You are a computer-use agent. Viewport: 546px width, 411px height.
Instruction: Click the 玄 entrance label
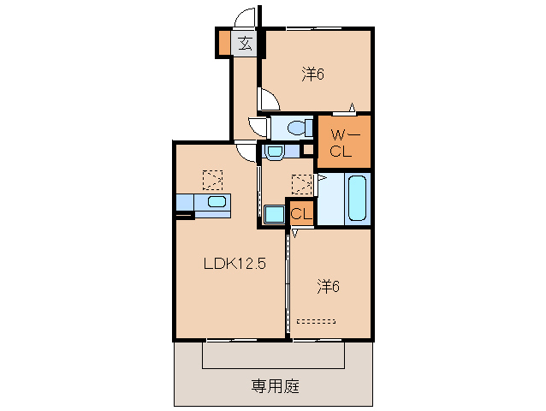point(245,43)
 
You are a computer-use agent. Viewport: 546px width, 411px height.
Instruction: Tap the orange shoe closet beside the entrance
point(223,43)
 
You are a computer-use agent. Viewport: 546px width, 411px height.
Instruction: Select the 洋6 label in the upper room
point(312,74)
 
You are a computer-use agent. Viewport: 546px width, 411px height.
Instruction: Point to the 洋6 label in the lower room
point(329,287)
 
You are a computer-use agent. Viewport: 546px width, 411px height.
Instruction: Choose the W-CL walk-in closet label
point(343,143)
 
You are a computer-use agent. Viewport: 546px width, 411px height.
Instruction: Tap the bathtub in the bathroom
point(357,200)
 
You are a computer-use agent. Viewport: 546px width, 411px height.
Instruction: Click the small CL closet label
point(300,214)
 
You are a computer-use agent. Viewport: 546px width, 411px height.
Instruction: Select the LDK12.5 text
point(234,264)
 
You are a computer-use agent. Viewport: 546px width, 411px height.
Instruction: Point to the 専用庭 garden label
point(275,385)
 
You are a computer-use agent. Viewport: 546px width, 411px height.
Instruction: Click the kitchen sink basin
point(217,203)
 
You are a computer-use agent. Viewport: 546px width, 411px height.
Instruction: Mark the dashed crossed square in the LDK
point(211,180)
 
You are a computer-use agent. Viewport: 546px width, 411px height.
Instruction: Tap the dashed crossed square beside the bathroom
point(301,184)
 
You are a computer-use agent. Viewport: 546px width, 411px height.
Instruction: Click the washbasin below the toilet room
point(274,152)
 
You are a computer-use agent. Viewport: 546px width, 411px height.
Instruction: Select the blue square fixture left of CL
point(274,215)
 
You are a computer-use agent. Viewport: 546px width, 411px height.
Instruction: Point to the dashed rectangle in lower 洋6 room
point(317,323)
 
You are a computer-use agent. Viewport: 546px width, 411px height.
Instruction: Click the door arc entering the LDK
point(247,153)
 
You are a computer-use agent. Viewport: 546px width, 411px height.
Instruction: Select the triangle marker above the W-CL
point(352,108)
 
